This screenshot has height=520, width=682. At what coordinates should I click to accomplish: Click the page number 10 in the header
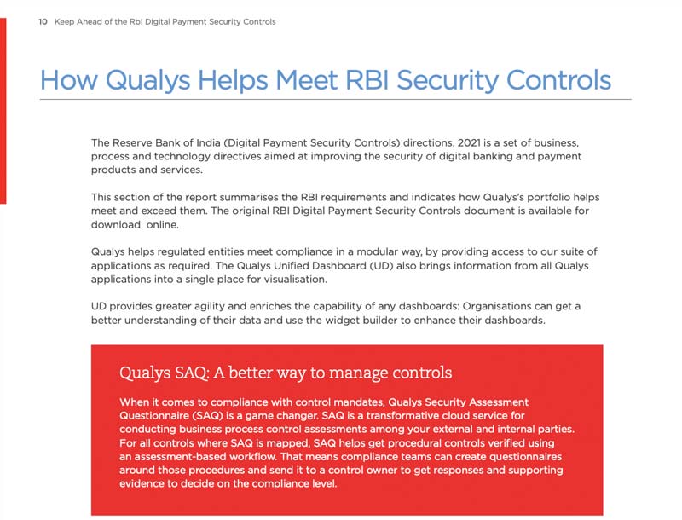[x=43, y=23]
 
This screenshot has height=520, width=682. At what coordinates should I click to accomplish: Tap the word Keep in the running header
[x=65, y=23]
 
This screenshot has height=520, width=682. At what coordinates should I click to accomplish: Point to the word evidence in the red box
[x=146, y=484]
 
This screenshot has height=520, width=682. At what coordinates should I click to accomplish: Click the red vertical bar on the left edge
[x=3, y=111]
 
